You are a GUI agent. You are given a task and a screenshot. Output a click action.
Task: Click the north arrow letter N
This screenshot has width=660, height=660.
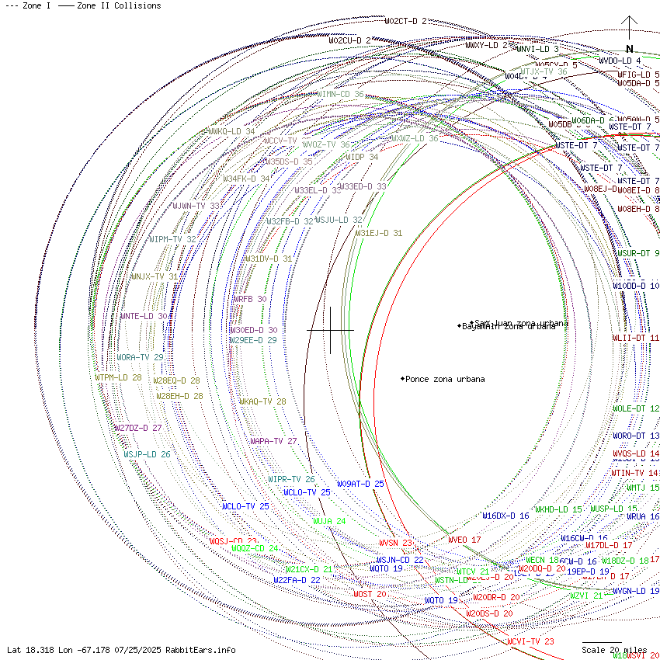[630, 48]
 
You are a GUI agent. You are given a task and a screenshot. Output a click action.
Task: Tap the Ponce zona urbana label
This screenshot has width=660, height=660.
[445, 379]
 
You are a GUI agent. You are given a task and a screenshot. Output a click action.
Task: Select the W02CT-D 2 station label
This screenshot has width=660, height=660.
[406, 21]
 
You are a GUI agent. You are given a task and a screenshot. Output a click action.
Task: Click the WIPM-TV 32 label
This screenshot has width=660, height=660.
[172, 239]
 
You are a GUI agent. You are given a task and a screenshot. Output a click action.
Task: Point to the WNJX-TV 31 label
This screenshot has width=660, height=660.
[155, 276]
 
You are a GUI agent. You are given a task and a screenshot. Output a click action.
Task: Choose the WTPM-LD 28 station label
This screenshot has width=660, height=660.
[118, 377]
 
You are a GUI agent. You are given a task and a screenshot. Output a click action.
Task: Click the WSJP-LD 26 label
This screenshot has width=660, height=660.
[147, 454]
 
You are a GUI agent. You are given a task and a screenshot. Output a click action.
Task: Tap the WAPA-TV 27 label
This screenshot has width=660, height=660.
[273, 441]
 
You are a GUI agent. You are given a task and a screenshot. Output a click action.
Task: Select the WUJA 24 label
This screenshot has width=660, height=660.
[329, 521]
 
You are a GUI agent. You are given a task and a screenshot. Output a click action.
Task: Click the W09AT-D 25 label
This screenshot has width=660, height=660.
[360, 484]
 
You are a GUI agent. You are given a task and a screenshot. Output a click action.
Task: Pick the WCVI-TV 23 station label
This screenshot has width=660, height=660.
[530, 641]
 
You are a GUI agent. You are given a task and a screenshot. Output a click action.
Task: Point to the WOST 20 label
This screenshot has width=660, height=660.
[370, 594]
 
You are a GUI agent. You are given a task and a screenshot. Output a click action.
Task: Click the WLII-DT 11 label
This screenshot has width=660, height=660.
[636, 338]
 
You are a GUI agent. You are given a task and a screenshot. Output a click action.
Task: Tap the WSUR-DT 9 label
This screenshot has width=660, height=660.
[637, 253]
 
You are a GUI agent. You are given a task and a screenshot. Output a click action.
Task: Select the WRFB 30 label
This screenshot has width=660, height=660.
[249, 299]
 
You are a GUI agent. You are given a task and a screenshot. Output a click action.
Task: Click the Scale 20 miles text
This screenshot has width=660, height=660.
[614, 650]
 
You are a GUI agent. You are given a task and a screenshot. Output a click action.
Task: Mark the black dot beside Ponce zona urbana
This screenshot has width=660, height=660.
[402, 379]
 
